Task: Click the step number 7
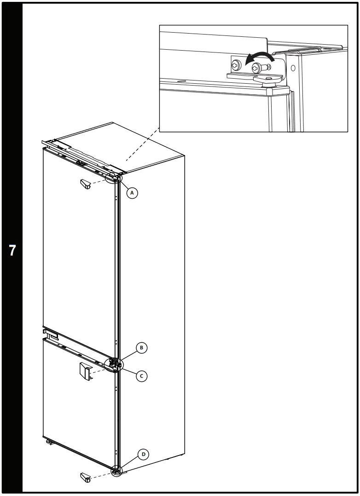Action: pos(12,251)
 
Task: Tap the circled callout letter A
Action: pos(132,193)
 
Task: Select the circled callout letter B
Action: pos(142,347)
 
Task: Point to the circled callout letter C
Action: pos(142,376)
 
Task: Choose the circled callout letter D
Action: pos(143,454)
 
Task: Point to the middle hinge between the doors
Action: pos(114,364)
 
